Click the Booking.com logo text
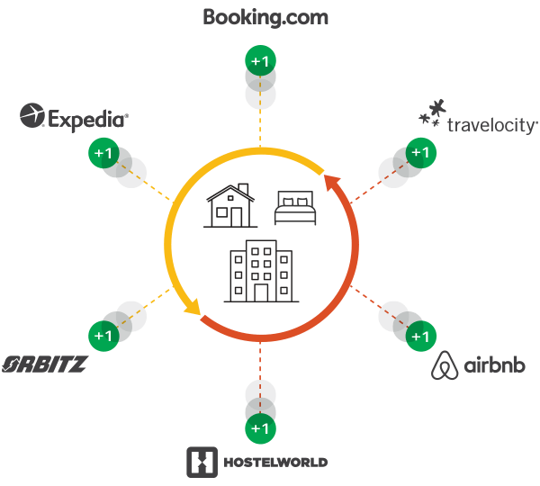point(265,17)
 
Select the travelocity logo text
point(492,124)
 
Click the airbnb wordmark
point(495,365)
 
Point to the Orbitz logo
point(44,364)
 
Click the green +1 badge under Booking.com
point(260,61)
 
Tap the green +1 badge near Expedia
point(103,153)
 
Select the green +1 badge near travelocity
point(419,153)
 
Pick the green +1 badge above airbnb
point(419,337)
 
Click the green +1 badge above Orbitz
point(103,336)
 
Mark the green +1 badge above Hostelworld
point(260,427)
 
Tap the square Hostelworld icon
point(201,462)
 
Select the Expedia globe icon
point(33,116)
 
